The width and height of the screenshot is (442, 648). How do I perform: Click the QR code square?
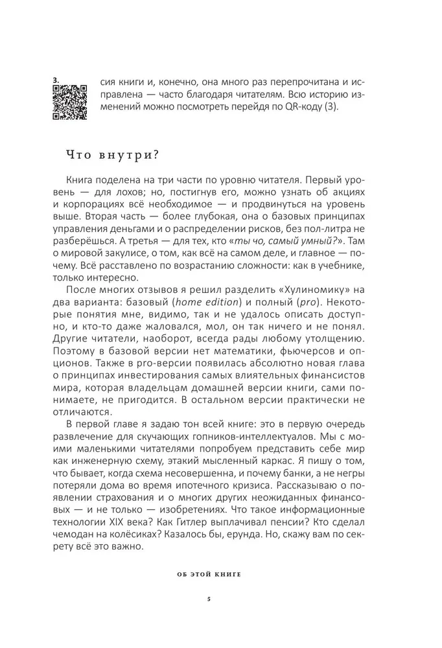70,102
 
